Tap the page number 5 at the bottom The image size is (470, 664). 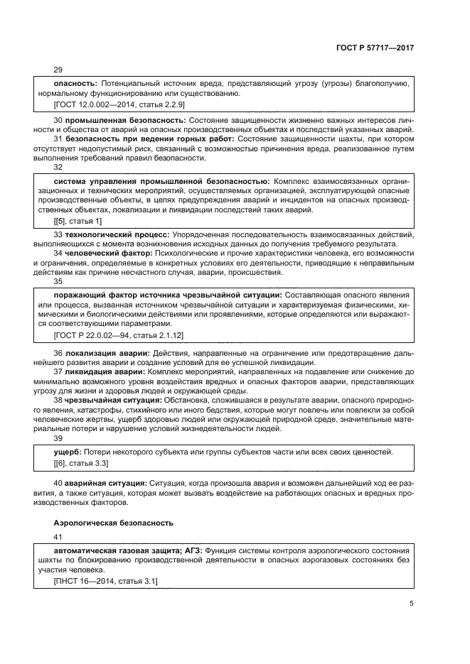coord(412,604)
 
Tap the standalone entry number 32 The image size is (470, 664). coord(58,168)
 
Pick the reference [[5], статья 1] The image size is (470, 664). coord(78,222)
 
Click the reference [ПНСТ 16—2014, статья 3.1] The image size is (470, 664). coord(106,581)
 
